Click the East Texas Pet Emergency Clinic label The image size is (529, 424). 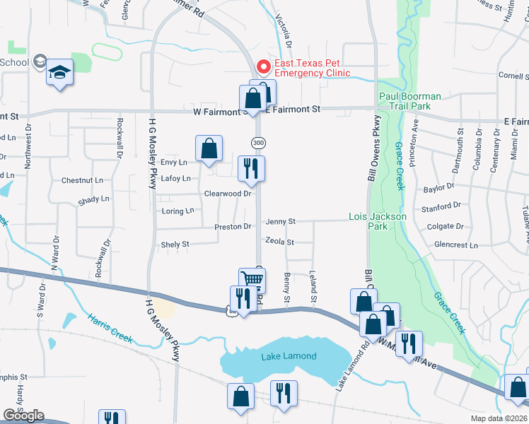point(312,68)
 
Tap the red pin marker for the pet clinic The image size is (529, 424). point(263,68)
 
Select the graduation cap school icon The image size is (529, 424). point(60,71)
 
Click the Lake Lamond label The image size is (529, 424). point(289,356)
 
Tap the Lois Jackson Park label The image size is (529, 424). point(378,221)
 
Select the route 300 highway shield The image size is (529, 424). point(260,143)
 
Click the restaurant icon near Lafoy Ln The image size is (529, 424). point(251,168)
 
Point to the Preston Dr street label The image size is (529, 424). point(233,227)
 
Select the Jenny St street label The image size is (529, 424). point(280,222)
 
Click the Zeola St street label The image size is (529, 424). point(279,242)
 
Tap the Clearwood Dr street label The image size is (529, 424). point(228,193)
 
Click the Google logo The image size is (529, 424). point(23,415)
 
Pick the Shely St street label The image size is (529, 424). point(175,245)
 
